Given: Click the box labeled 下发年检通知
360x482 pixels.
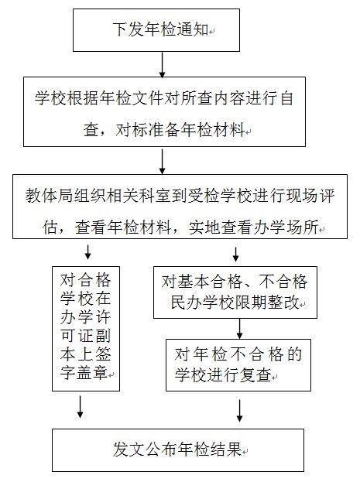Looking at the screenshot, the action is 156,30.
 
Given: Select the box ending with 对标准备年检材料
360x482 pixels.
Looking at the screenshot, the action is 165,112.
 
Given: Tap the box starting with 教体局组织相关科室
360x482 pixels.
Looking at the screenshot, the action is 180,207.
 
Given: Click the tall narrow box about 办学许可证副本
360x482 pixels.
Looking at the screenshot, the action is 86,329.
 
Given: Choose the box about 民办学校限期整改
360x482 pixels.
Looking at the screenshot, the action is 235,292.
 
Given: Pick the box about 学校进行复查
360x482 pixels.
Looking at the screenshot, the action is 238,365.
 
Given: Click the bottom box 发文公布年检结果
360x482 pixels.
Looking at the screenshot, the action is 178,450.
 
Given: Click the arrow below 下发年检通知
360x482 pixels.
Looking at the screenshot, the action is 162,64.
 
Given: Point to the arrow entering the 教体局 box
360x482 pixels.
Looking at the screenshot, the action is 162,161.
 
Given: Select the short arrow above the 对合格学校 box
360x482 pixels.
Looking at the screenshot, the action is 87,252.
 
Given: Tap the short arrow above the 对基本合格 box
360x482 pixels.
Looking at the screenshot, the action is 235,255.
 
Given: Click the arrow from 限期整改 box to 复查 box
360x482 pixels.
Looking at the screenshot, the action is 240,329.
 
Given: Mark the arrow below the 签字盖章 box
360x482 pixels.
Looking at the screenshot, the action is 81,407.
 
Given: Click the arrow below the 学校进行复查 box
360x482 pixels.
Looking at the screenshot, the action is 240,410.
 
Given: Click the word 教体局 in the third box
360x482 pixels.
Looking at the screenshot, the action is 50,196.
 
